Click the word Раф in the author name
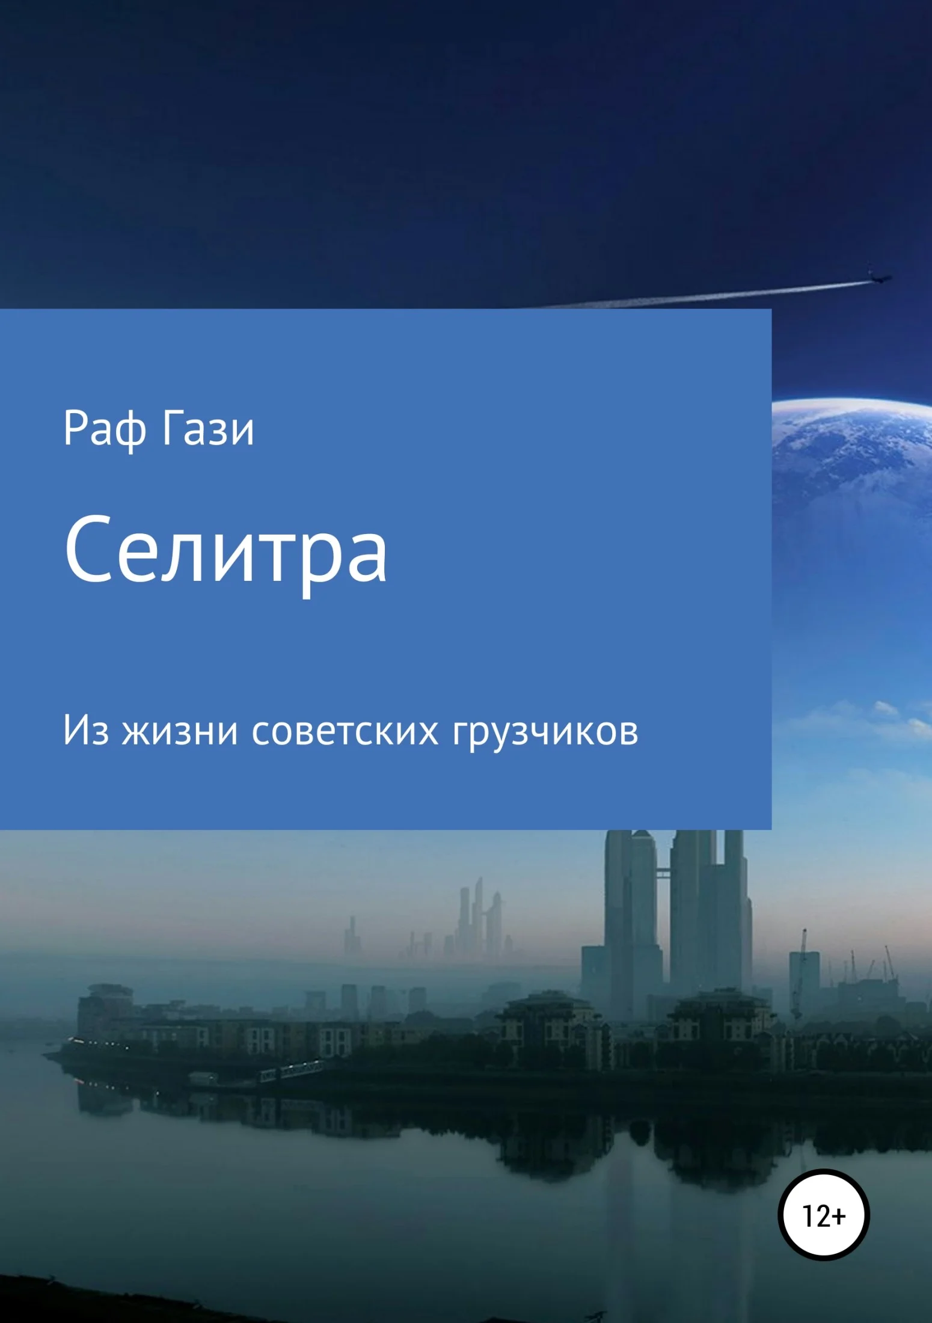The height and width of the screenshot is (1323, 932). click(x=104, y=429)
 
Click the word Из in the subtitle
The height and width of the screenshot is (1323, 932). click(x=86, y=731)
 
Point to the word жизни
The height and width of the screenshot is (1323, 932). click(x=179, y=731)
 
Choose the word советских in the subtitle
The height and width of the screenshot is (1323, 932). click(x=345, y=731)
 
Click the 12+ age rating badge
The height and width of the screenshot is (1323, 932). click(x=823, y=1215)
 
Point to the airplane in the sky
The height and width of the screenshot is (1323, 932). click(x=878, y=278)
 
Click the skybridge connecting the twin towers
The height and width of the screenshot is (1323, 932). click(x=663, y=871)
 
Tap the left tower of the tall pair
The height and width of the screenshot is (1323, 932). click(x=631, y=920)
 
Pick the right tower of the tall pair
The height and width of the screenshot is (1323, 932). click(x=710, y=920)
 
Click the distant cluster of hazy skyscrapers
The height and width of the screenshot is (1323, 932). click(x=478, y=920)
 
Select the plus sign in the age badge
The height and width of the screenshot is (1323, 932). click(x=839, y=1216)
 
